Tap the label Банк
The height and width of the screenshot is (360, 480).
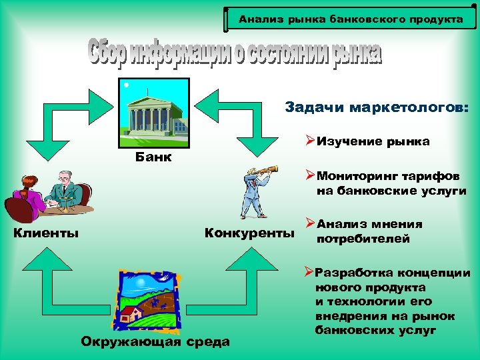coord(153,158)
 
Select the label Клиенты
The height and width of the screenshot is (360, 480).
coord(46,233)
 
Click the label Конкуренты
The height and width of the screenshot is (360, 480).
coord(249,233)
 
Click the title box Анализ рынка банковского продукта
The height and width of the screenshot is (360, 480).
coord(351,19)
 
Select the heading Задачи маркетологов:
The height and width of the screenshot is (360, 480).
coord(377,107)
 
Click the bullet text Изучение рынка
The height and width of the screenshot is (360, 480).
coord(373,141)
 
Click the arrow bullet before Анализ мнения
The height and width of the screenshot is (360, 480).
coord(310,223)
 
